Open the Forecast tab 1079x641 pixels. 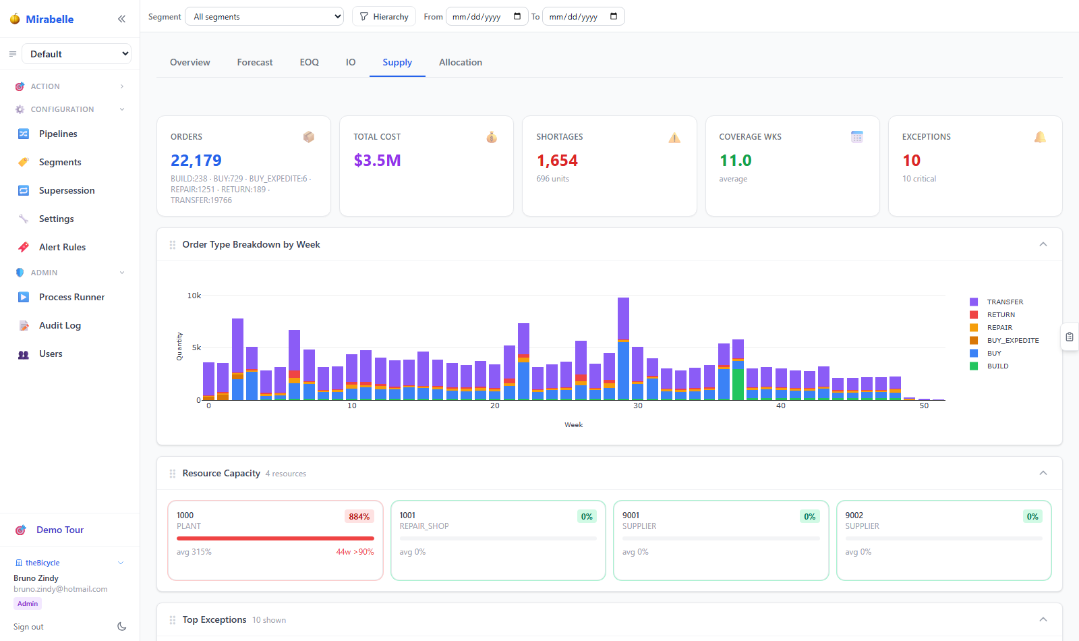(x=254, y=62)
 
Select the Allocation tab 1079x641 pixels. (x=460, y=62)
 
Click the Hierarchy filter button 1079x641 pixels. (x=384, y=17)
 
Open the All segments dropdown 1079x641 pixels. (x=264, y=17)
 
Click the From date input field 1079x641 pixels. (x=486, y=17)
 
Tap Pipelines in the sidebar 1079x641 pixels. (x=58, y=134)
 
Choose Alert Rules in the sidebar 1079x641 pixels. (x=62, y=247)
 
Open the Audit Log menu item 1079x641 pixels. (x=60, y=325)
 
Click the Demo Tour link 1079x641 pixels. (x=60, y=530)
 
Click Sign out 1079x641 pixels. (x=28, y=627)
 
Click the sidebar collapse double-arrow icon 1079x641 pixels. (x=121, y=19)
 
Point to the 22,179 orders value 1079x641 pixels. (x=196, y=160)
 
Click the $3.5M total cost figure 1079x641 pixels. (x=377, y=160)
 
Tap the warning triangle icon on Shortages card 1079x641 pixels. (x=674, y=138)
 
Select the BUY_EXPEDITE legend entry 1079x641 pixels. (x=1004, y=340)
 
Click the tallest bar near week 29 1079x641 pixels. (x=623, y=348)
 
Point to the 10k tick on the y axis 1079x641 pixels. (x=194, y=296)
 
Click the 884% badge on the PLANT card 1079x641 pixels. (x=359, y=517)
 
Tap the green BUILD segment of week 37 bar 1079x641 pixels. (x=738, y=384)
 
